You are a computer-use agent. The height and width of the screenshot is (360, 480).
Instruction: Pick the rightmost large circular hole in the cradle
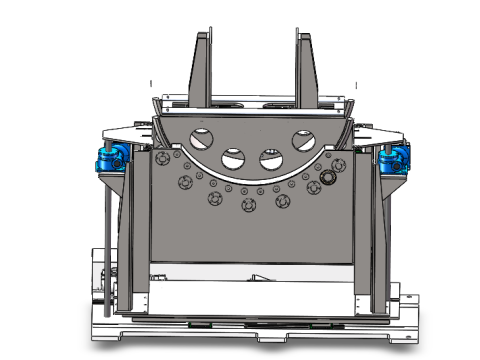(303, 139)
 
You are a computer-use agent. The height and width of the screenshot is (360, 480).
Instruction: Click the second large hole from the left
(234, 157)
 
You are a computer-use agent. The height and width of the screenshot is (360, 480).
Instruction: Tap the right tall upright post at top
(304, 65)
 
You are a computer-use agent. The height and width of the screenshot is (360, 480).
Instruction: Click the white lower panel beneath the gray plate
(250, 295)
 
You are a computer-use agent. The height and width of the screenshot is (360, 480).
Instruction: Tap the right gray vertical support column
(364, 230)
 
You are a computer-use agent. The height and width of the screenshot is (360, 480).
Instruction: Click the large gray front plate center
(250, 240)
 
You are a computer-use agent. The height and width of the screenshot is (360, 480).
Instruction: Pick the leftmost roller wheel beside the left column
(184, 182)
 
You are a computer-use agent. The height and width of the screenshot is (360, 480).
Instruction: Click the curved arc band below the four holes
(250, 178)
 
